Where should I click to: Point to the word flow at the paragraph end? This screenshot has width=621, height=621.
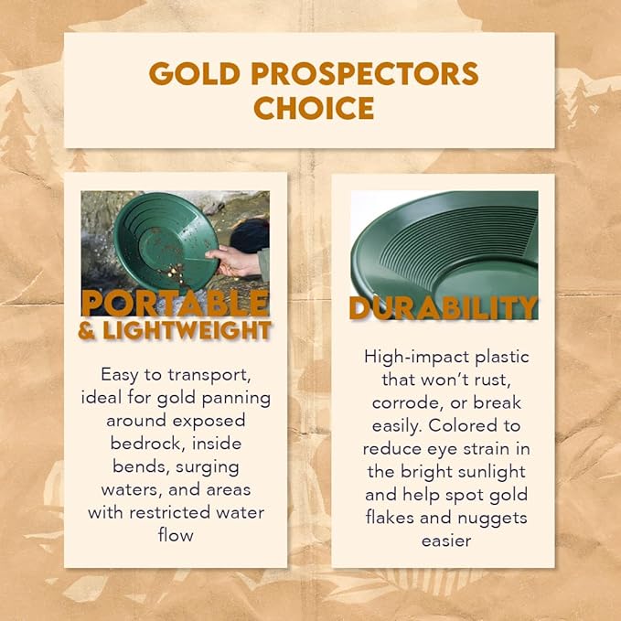click(176, 535)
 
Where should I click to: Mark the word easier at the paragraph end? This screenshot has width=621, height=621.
click(446, 541)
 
